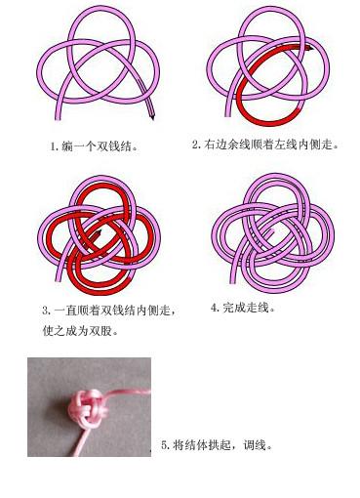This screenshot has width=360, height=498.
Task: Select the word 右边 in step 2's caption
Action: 215,145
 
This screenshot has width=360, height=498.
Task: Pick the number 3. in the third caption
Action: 46,311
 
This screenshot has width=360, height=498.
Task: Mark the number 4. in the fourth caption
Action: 215,308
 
